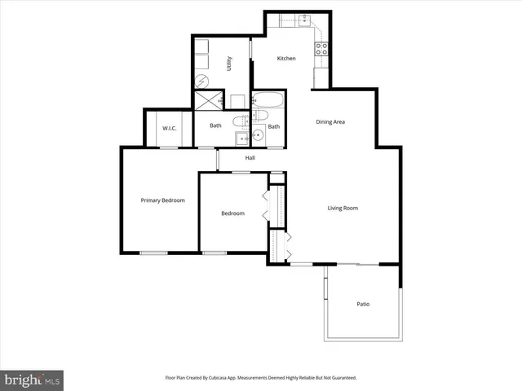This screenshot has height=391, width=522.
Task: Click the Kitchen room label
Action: (285, 59)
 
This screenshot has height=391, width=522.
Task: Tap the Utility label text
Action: (229, 64)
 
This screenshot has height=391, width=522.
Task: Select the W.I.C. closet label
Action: (170, 128)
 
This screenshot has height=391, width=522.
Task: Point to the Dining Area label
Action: (330, 122)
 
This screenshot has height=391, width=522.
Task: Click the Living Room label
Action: (343, 208)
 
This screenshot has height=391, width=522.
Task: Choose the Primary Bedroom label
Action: (162, 200)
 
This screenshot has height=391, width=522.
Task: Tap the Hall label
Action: (250, 157)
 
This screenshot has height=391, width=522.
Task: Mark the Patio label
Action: (363, 304)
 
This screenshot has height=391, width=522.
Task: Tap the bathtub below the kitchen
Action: (268, 102)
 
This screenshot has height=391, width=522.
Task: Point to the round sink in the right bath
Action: (258, 137)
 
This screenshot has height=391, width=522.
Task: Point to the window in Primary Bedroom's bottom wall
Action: (153, 253)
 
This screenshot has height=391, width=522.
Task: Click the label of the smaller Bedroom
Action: (232, 213)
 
